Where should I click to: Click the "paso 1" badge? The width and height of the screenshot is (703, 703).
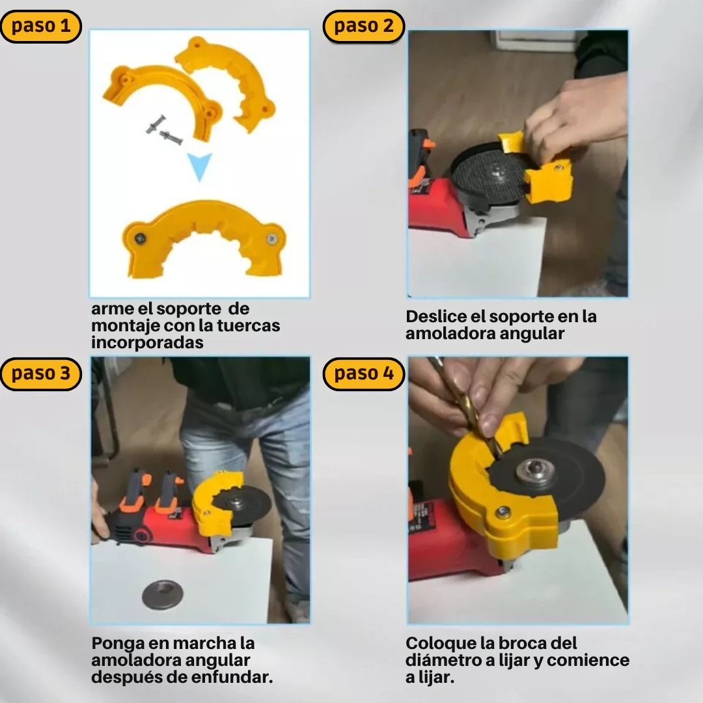(x=41, y=27)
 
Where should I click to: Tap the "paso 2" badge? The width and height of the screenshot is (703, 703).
(x=364, y=27)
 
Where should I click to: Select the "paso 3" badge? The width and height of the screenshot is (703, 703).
(x=41, y=374)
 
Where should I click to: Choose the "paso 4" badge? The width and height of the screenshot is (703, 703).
(x=364, y=374)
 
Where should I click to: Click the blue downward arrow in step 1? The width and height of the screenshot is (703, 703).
(x=200, y=167)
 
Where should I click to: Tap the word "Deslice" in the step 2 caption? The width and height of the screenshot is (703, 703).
(x=436, y=316)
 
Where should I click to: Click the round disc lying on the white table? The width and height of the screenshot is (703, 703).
(x=162, y=594)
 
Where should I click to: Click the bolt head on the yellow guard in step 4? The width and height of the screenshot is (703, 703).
(x=503, y=512)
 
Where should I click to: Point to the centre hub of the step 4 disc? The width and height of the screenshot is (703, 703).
(x=533, y=471)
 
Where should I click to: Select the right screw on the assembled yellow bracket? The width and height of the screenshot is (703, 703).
(x=271, y=239)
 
